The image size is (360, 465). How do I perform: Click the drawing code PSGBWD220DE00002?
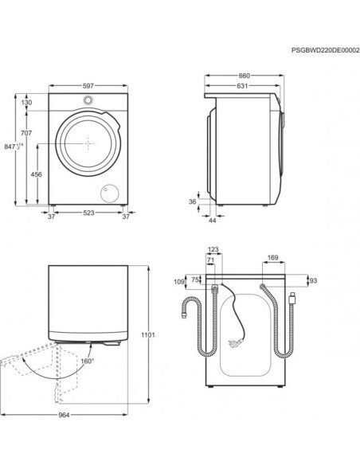[325, 50]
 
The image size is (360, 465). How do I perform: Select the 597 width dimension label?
[88, 86]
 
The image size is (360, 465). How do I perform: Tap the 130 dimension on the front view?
[26, 103]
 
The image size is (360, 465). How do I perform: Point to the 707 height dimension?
[26, 133]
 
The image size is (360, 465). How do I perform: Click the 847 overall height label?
[14, 147]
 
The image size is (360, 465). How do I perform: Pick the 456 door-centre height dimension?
[36, 174]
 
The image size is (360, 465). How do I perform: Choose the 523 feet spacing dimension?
[88, 213]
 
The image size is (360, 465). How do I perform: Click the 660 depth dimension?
[245, 76]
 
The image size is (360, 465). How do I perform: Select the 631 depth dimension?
[242, 86]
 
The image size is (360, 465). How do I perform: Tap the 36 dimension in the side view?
[193, 201]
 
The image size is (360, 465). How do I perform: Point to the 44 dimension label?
[213, 221]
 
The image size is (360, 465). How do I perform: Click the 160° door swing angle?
[88, 361]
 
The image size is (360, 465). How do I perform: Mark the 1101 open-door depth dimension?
[148, 334]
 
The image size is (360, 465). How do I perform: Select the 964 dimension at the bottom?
[64, 415]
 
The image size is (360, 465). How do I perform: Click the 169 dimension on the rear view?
[273, 257]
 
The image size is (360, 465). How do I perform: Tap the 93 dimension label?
[313, 280]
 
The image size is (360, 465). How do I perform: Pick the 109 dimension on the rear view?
[179, 281]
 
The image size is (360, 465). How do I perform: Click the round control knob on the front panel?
[88, 100]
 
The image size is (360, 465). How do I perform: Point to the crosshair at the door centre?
[88, 143]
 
